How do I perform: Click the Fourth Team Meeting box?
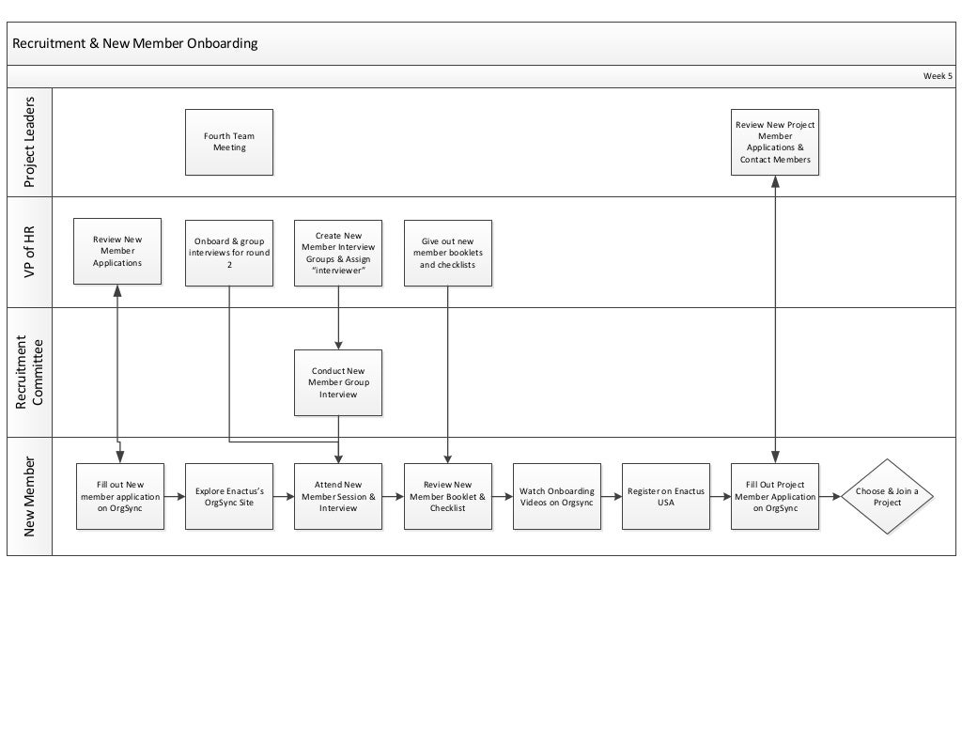pyautogui.click(x=229, y=142)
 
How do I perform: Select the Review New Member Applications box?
pyautogui.click(x=117, y=251)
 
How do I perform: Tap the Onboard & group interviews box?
pyautogui.click(x=229, y=252)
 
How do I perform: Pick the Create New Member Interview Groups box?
pyautogui.click(x=338, y=252)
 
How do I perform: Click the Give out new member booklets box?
pyautogui.click(x=448, y=252)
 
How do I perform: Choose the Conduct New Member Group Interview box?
pyautogui.click(x=338, y=382)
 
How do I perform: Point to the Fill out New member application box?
pyautogui.click(x=120, y=496)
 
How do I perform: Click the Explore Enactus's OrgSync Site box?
pyautogui.click(x=229, y=496)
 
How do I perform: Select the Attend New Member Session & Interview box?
pyautogui.click(x=338, y=496)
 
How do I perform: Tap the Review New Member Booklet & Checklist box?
pyautogui.click(x=448, y=496)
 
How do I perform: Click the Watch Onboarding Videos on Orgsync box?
pyautogui.click(x=557, y=496)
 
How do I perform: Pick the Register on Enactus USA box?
pyautogui.click(x=666, y=496)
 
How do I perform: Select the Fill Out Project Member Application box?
pyautogui.click(x=775, y=496)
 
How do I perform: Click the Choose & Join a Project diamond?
pyautogui.click(x=887, y=496)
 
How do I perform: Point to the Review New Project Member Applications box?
pyautogui.click(x=775, y=142)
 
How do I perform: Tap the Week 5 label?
pyautogui.click(x=937, y=76)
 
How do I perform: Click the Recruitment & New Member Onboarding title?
pyautogui.click(x=135, y=43)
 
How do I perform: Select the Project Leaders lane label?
pyautogui.click(x=29, y=141)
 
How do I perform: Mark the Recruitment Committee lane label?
pyautogui.click(x=29, y=373)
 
